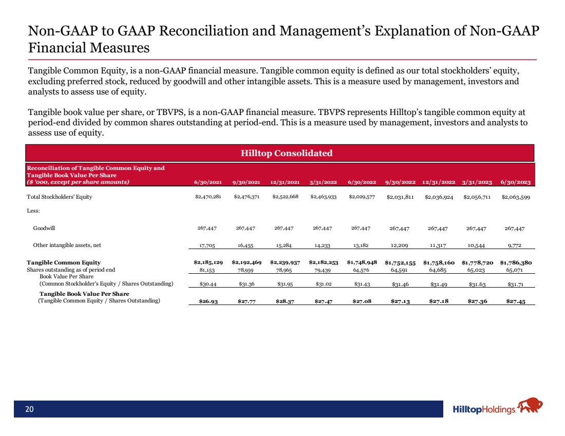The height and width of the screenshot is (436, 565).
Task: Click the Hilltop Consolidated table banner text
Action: [x=280, y=153]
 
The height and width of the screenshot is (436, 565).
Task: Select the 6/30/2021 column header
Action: [x=208, y=182]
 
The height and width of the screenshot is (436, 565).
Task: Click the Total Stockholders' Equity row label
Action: [x=60, y=197]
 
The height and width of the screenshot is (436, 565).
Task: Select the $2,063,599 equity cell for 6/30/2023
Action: [x=516, y=197]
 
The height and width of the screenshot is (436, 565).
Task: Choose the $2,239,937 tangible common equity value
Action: [x=285, y=262]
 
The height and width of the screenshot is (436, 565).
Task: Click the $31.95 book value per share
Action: [x=285, y=284]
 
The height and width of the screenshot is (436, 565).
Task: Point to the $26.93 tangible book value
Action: [x=208, y=301]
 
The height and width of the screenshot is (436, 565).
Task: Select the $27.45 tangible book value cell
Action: [x=515, y=301]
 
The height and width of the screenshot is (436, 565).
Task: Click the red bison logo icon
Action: [x=530, y=407]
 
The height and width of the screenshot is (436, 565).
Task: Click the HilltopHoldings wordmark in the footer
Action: [x=484, y=410]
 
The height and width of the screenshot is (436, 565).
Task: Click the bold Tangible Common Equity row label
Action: [x=64, y=262]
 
